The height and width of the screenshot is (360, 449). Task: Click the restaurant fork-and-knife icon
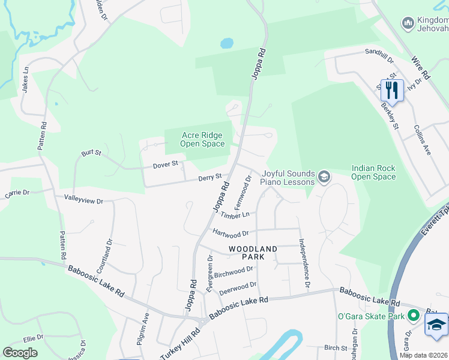tap(392, 90)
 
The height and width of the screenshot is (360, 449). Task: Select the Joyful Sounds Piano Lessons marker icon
tap(324, 176)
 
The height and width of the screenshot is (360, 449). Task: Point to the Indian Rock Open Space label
tap(373, 173)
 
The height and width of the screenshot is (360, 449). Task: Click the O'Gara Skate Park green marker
tap(413, 315)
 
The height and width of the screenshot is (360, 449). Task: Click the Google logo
tap(20, 353)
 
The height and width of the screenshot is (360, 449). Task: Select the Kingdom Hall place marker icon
tap(407, 23)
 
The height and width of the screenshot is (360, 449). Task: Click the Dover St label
tap(166, 164)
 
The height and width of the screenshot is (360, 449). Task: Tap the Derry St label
tap(211, 178)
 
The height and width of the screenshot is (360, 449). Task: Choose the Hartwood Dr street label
tap(231, 233)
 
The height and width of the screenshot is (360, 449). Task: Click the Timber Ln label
tap(235, 215)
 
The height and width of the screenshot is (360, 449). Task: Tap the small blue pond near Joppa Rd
tap(227, 43)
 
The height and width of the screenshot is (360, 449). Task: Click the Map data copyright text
tap(423, 355)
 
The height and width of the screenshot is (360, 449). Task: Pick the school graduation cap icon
tap(436, 325)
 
